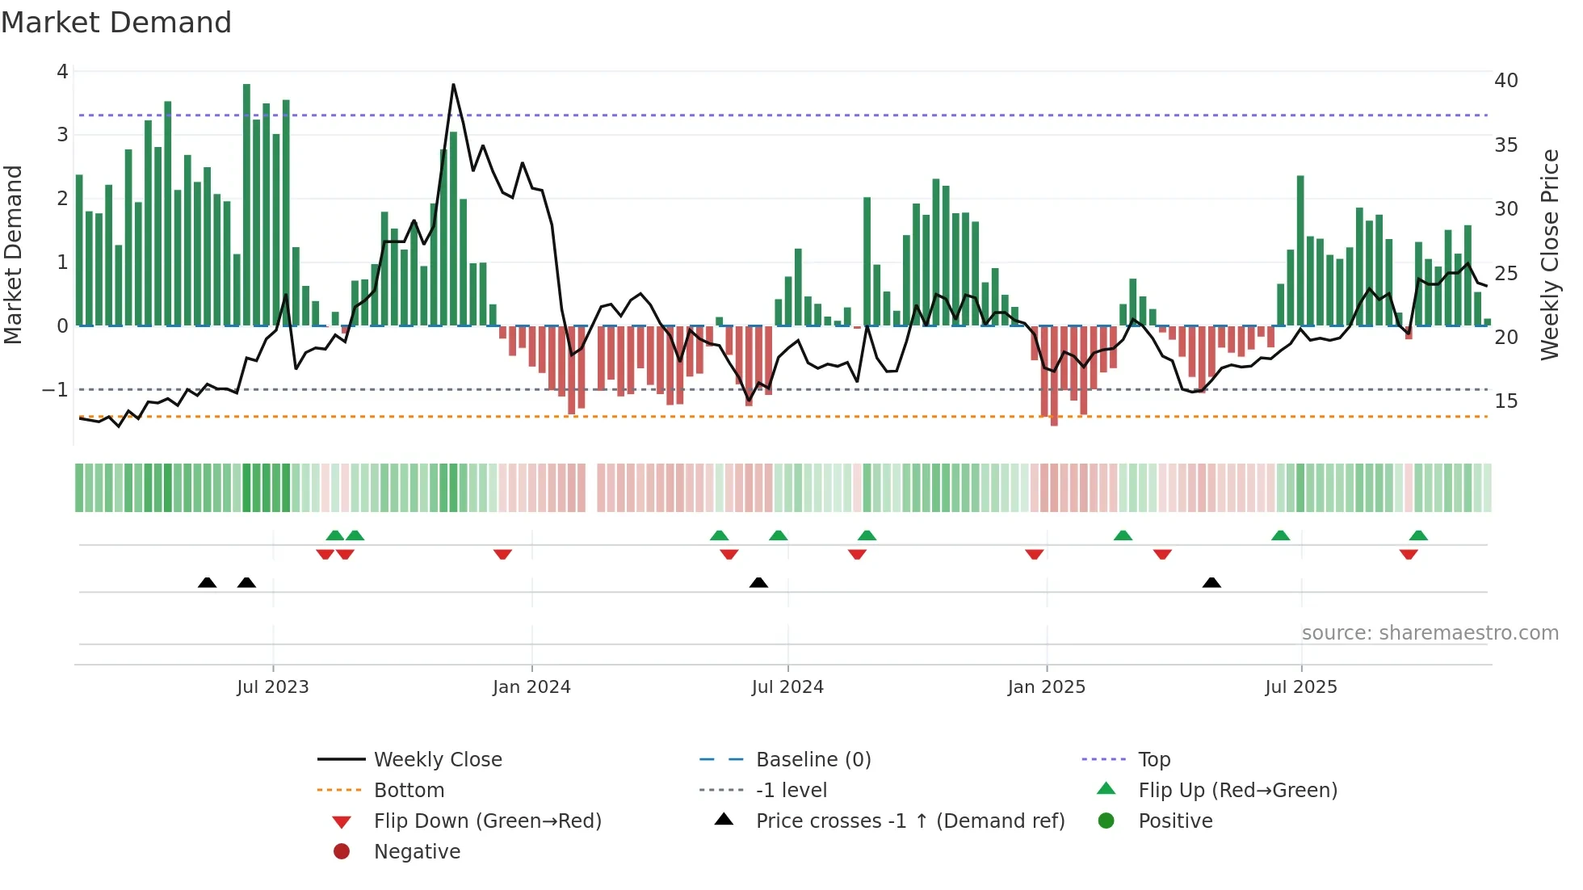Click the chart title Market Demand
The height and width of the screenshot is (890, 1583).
[116, 23]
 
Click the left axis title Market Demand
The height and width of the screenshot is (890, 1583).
[14, 254]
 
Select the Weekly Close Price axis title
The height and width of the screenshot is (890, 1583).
[1549, 254]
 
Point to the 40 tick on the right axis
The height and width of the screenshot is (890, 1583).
[1505, 81]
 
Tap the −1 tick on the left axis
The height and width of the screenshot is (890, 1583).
[55, 390]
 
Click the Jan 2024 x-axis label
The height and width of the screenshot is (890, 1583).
[531, 687]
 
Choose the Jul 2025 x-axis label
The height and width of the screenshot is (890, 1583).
[1300, 687]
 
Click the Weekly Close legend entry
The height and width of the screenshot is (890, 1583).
[437, 760]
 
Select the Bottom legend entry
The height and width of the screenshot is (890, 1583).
[409, 791]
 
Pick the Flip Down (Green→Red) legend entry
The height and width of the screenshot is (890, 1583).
[487, 821]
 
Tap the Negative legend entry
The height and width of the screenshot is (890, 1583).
[417, 852]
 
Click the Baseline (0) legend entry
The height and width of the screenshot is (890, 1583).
[812, 760]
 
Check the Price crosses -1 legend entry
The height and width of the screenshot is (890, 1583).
[909, 821]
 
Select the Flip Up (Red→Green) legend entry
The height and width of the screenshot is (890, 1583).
[1237, 791]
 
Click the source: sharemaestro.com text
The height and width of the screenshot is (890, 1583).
[1430, 633]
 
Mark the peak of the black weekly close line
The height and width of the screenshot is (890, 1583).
[453, 85]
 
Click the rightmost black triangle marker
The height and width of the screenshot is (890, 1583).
[1211, 582]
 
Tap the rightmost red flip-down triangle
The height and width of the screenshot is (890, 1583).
[1409, 554]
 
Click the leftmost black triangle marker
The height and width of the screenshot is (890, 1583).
[208, 582]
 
